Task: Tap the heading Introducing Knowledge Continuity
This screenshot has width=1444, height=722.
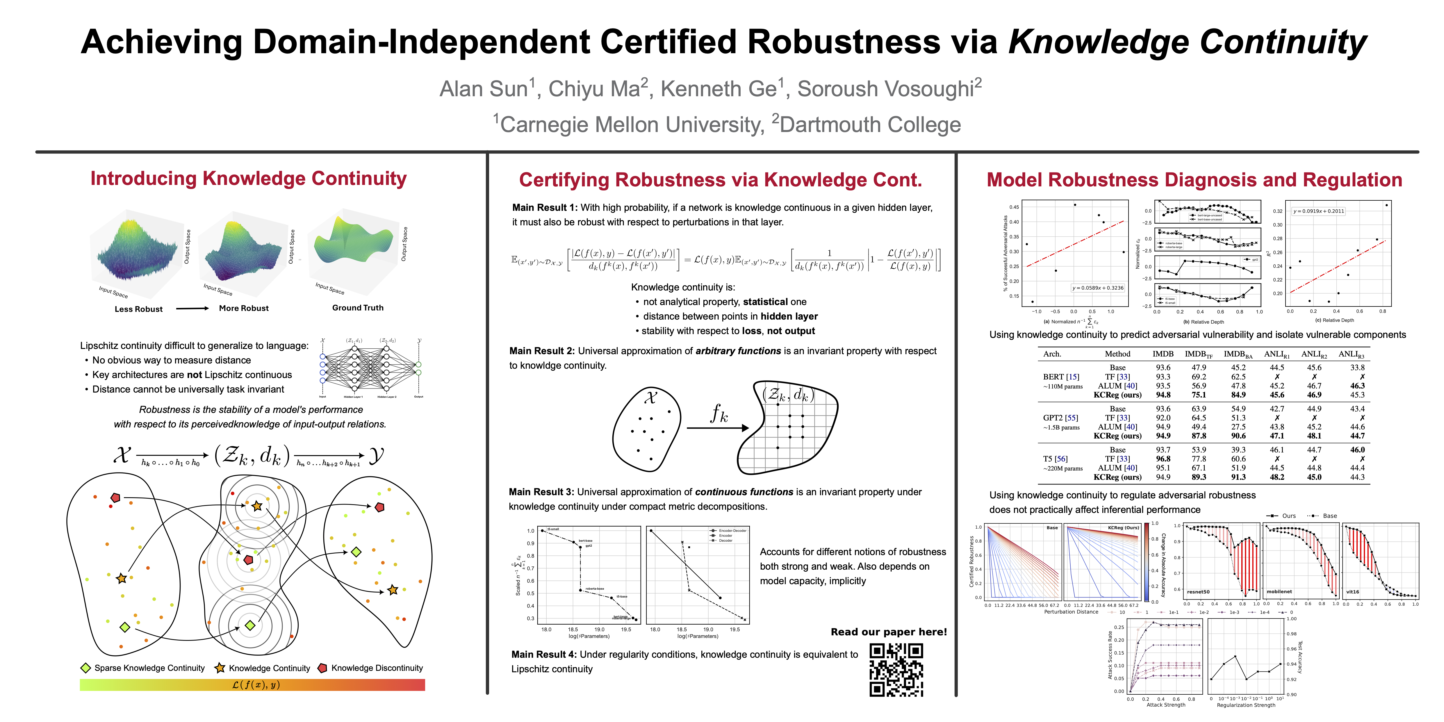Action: (x=248, y=178)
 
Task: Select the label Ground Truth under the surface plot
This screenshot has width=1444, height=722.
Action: (x=358, y=308)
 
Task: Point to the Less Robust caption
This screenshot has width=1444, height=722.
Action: (x=138, y=309)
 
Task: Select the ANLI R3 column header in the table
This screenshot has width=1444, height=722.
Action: (x=1351, y=354)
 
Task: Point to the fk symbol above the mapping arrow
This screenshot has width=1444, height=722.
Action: (x=719, y=414)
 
